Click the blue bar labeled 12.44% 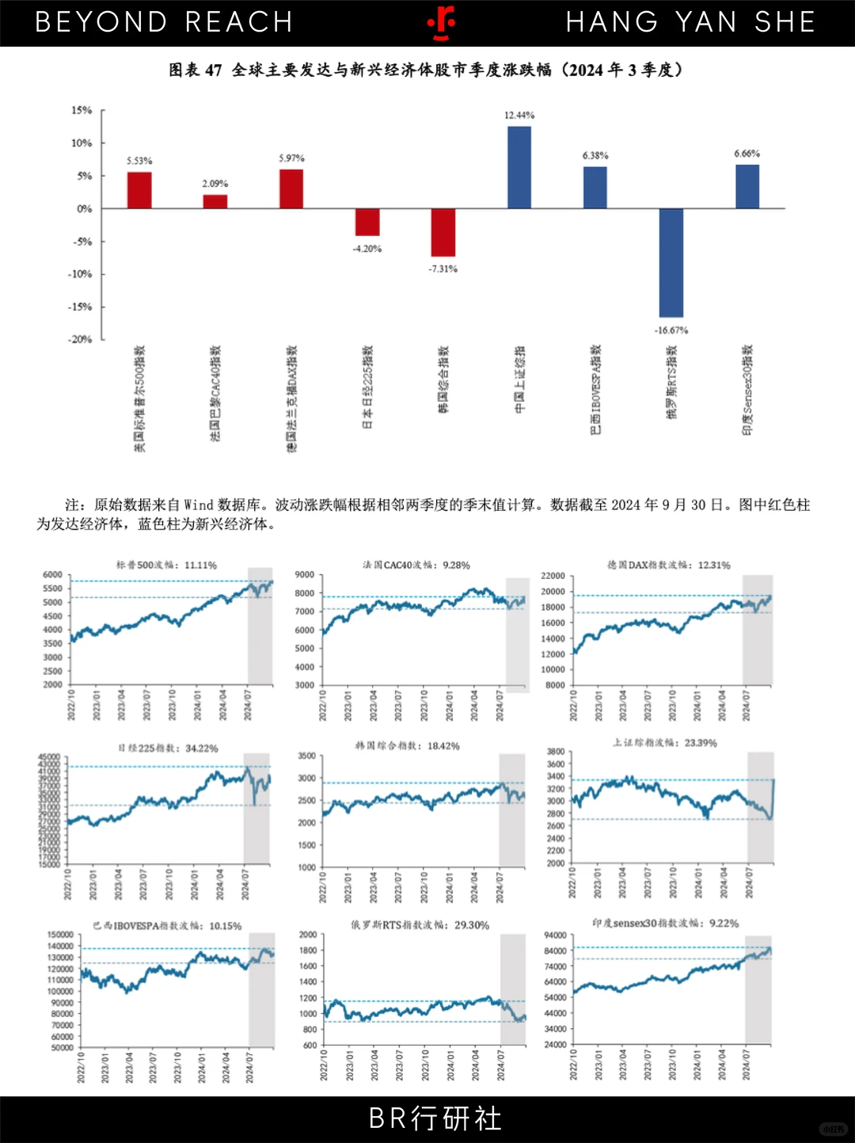(x=519, y=167)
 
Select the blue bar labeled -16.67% (x=671, y=262)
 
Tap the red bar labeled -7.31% (x=443, y=232)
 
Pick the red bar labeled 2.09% (x=215, y=201)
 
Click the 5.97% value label (x=291, y=158)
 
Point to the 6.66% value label (x=747, y=154)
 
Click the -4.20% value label (x=367, y=249)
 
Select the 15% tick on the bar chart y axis (x=82, y=110)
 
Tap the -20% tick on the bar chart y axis (x=80, y=339)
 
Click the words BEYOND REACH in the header (x=164, y=22)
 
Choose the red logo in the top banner (x=442, y=23)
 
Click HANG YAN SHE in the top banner (x=690, y=22)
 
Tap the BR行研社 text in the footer (x=435, y=1118)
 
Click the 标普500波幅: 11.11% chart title (x=166, y=565)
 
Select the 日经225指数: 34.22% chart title (x=168, y=748)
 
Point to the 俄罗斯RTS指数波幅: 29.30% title (x=420, y=924)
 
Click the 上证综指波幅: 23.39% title (x=665, y=743)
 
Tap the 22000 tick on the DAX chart (x=553, y=576)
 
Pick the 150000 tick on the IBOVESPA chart (x=61, y=935)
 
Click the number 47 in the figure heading (x=213, y=70)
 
